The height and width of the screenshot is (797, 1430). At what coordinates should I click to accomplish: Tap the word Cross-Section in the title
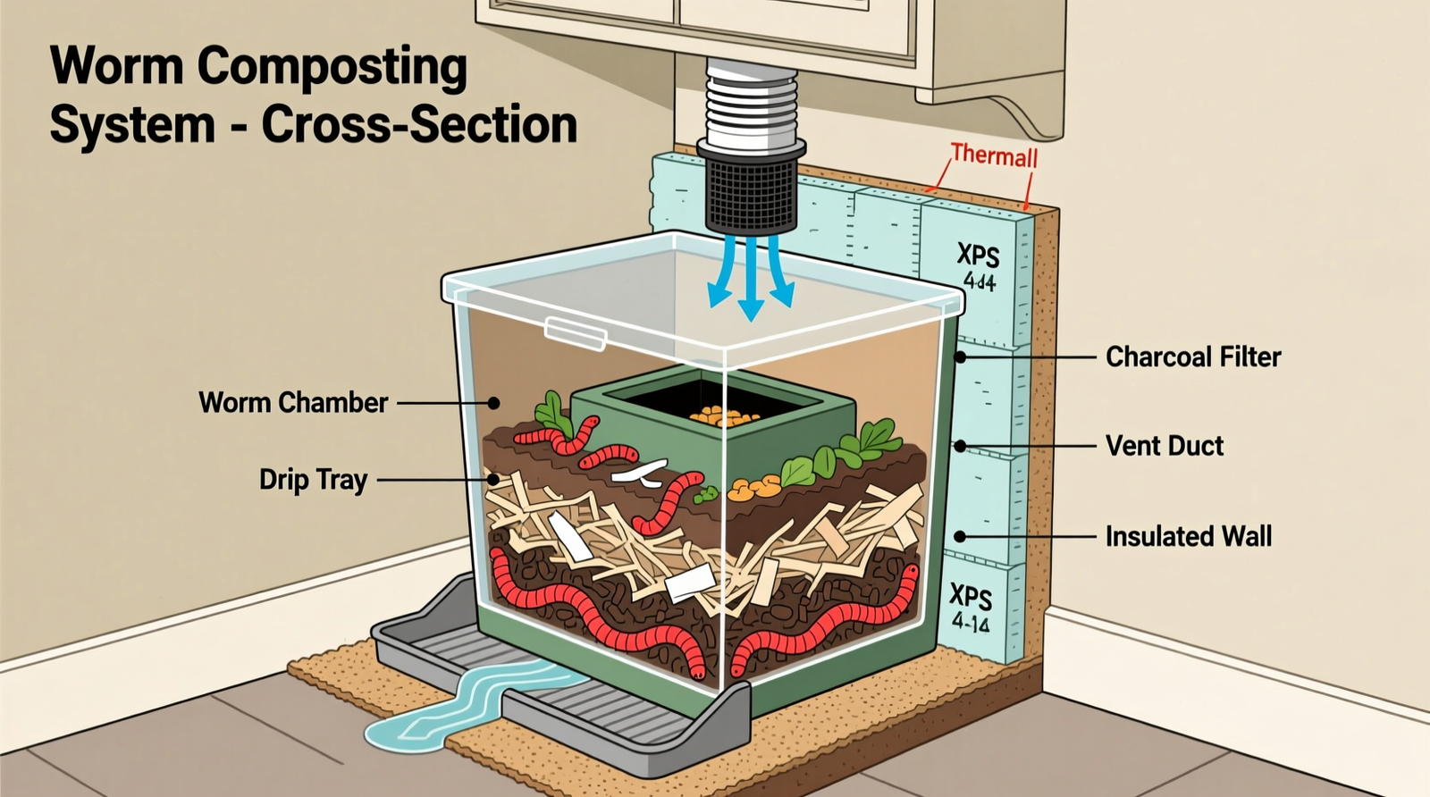click(419, 124)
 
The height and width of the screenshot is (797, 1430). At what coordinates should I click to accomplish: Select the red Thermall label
click(994, 155)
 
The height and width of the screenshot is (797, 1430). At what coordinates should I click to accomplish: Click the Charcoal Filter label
click(1192, 357)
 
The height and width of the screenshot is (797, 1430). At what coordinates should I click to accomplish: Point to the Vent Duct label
click(1164, 445)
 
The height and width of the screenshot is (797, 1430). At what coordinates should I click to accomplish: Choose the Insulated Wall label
click(1188, 536)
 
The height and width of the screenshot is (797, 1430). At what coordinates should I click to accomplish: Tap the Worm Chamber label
click(293, 402)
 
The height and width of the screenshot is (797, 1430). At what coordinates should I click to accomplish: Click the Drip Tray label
click(313, 480)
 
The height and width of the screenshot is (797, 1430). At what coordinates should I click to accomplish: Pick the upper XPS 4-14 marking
click(979, 266)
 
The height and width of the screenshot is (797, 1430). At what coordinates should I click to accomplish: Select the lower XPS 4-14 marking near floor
click(971, 608)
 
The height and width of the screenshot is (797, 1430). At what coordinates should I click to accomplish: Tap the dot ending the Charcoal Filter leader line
click(961, 357)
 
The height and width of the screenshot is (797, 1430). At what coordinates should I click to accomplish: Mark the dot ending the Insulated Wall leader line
click(961, 536)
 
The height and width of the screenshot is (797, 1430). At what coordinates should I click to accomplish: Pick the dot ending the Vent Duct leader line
click(961, 445)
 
